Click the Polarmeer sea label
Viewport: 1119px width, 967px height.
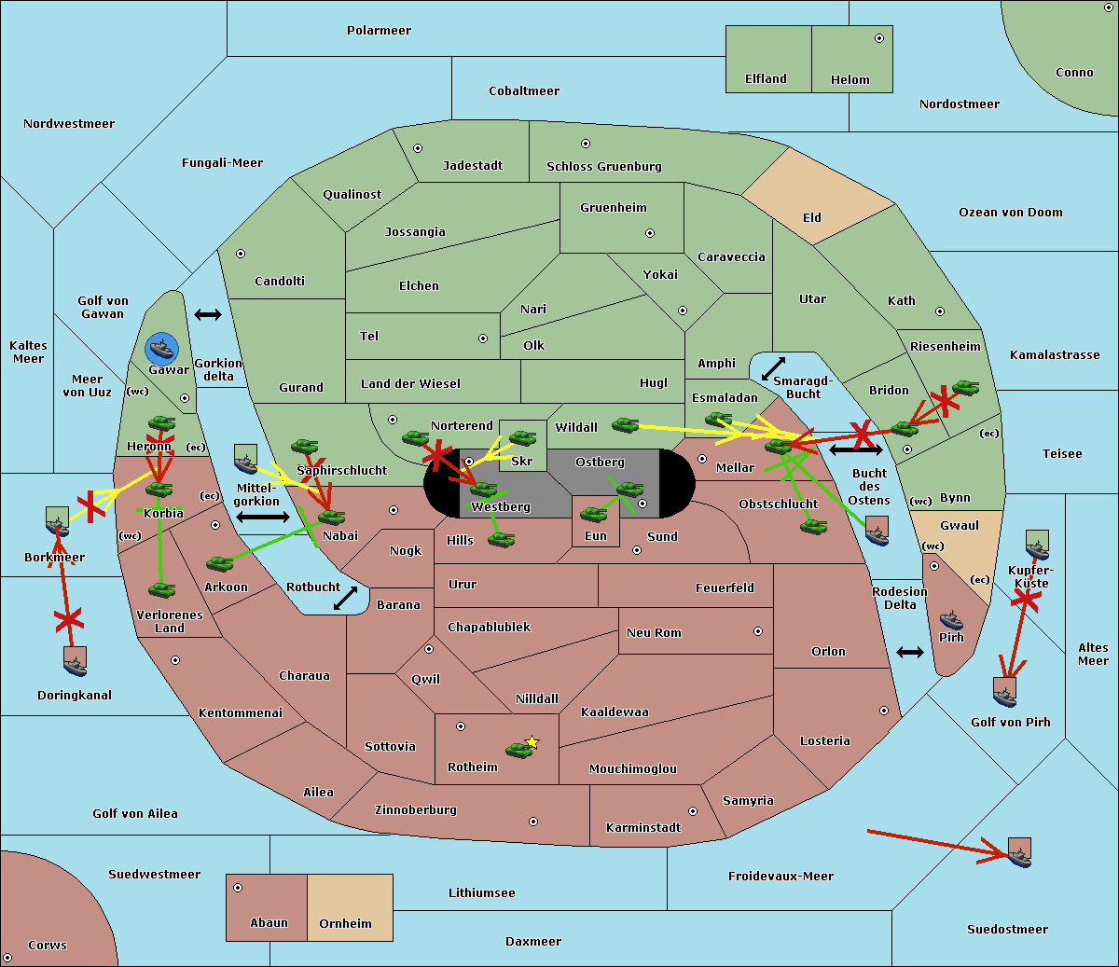(x=379, y=31)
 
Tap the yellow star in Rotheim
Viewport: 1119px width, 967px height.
(x=532, y=742)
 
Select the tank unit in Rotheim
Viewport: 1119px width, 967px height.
(x=518, y=749)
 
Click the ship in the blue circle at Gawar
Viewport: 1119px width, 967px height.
(x=162, y=350)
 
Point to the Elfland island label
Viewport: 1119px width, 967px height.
(x=766, y=79)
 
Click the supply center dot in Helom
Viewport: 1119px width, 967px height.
(x=878, y=38)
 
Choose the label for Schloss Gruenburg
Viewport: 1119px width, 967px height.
(x=603, y=167)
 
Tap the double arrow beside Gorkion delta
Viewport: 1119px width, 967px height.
(x=207, y=314)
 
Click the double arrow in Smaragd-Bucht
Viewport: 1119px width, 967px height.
(x=773, y=368)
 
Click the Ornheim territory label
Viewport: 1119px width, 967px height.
(x=345, y=924)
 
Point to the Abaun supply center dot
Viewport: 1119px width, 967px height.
(x=238, y=888)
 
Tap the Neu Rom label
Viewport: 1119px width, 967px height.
(x=654, y=633)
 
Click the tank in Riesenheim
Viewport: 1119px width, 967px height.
(x=965, y=388)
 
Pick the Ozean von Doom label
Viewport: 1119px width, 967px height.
(x=1010, y=213)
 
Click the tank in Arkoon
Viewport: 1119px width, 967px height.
(x=219, y=563)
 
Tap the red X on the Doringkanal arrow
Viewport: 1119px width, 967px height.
(x=68, y=619)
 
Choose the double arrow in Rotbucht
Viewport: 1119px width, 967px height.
(x=346, y=598)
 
